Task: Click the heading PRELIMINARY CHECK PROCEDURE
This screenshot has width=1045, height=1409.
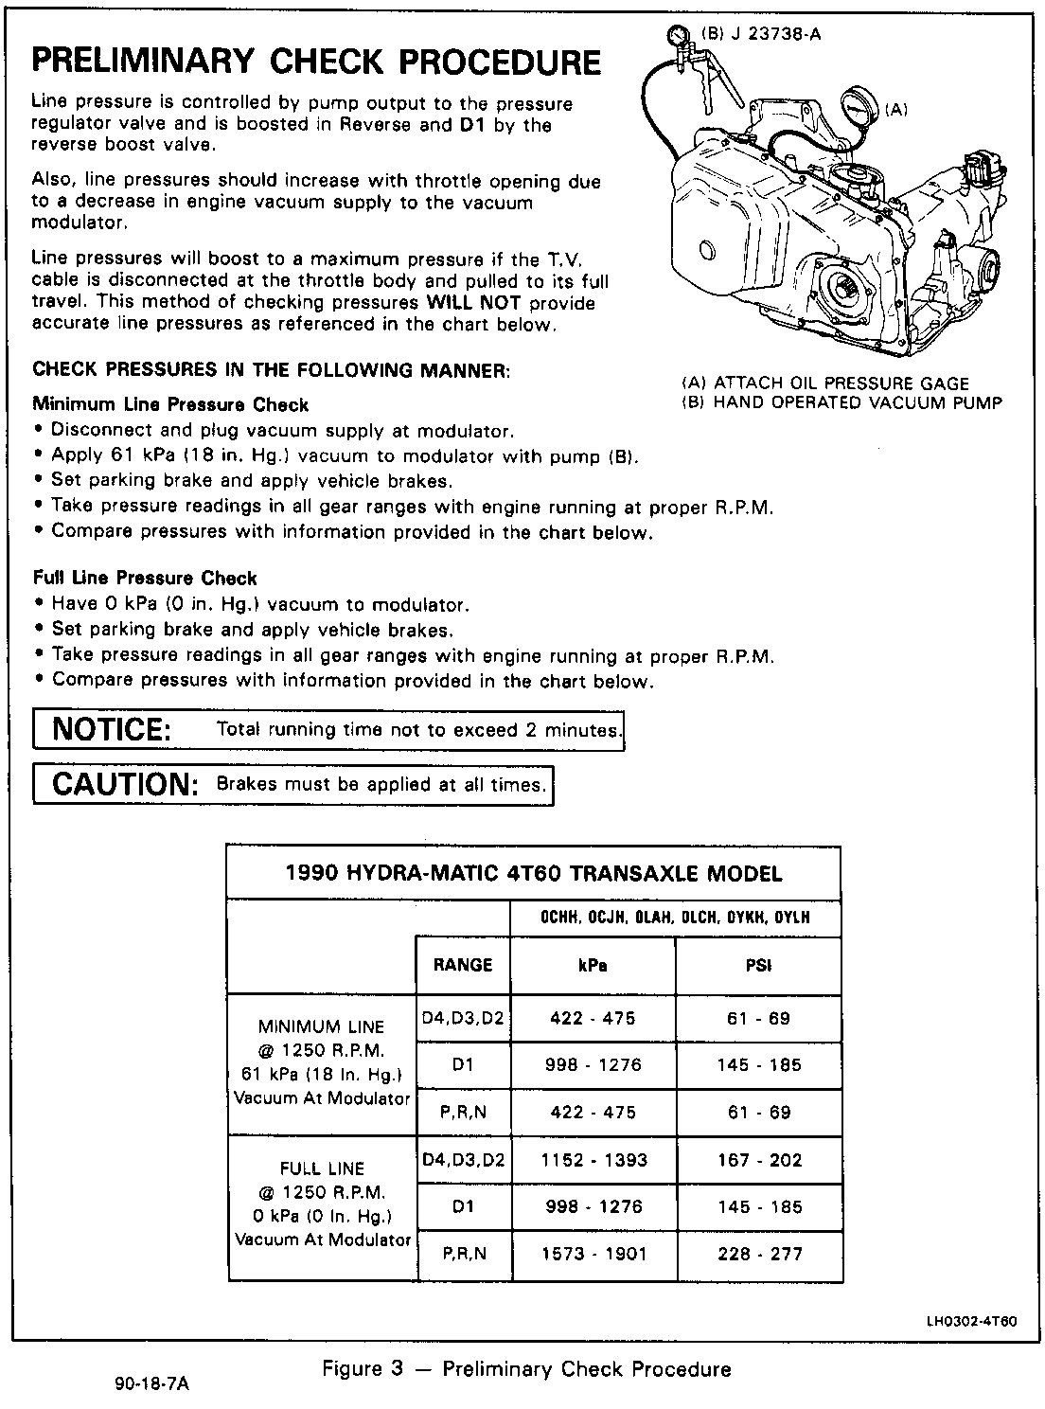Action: coord(316,62)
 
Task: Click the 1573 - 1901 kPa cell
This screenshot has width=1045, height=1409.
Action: coord(593,1254)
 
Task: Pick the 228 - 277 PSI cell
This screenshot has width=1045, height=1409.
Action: coord(759,1254)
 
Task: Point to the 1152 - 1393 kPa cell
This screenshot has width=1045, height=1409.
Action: coord(593,1160)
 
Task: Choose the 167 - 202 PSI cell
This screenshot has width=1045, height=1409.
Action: coord(759,1160)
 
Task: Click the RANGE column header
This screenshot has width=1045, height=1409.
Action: coord(463,965)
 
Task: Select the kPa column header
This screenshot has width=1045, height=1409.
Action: coord(593,965)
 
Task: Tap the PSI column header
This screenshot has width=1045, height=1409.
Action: coord(758,965)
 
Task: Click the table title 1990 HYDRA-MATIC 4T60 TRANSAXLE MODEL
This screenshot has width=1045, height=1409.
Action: coord(534,872)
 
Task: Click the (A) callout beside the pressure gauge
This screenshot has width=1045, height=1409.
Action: coord(895,111)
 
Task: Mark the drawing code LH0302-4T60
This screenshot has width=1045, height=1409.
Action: coord(971,1323)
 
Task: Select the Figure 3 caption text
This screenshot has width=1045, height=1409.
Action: coord(526,1369)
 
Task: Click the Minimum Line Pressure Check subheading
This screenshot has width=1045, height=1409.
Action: coord(170,405)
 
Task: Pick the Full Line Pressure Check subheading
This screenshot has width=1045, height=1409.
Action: coord(145,578)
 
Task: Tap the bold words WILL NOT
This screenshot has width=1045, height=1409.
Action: coord(474,303)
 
